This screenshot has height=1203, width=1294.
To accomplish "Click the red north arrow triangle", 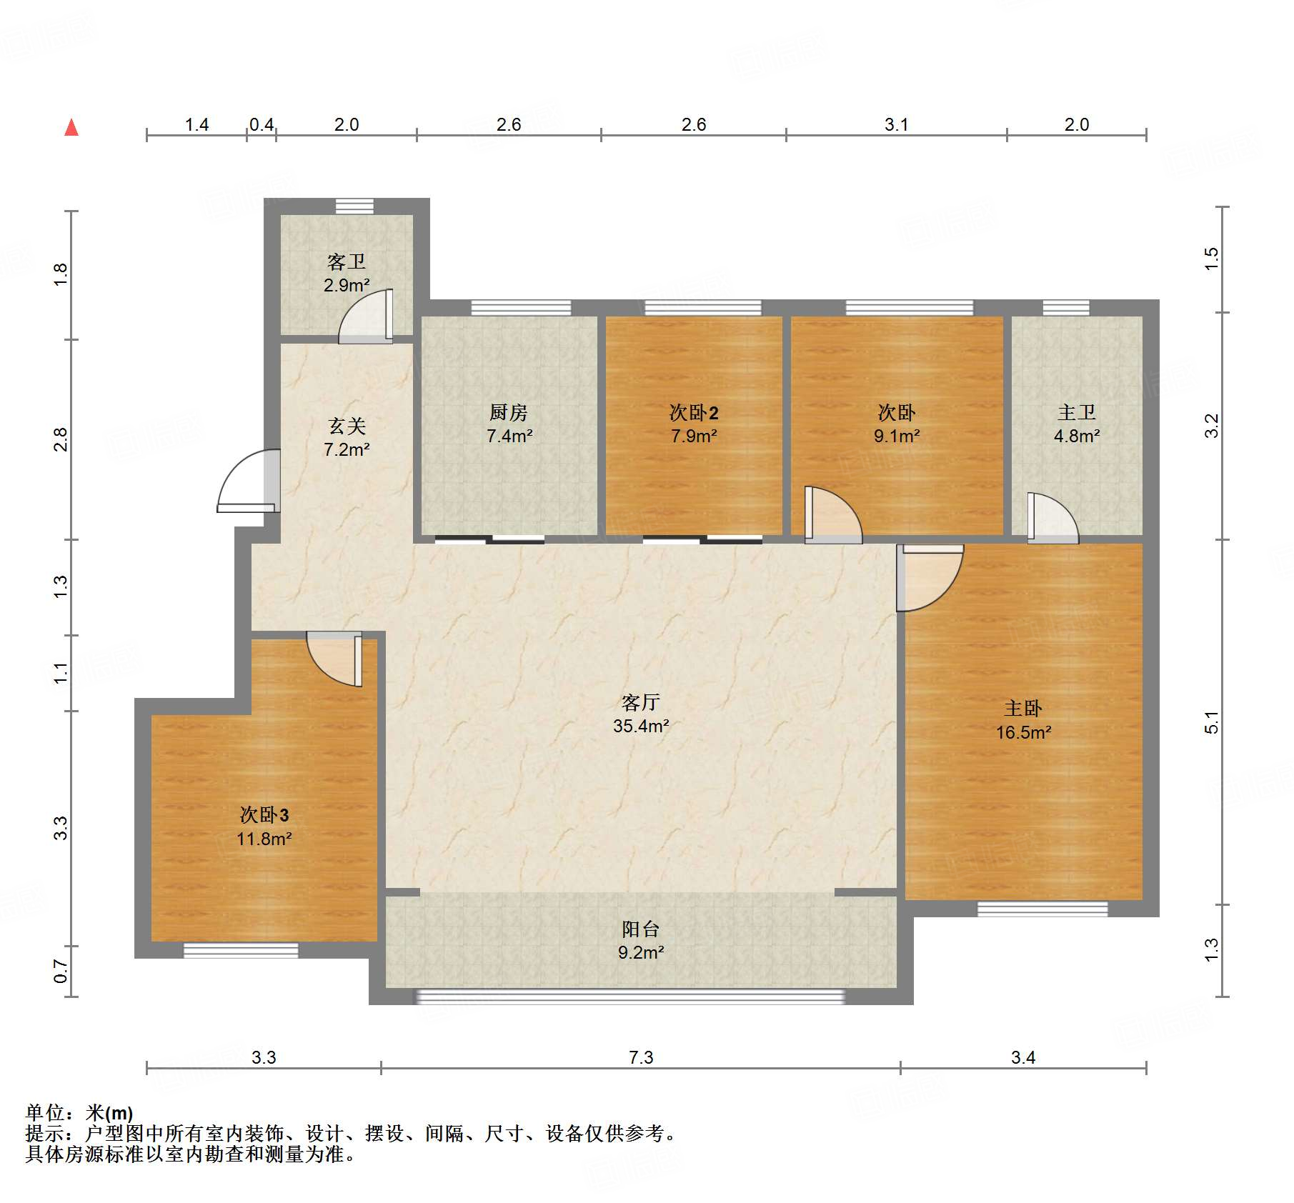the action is point(71,127).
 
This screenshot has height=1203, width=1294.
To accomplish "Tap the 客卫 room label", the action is point(347,261).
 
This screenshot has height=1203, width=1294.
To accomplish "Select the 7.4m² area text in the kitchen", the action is point(509,436).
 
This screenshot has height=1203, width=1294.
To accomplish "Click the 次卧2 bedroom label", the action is point(694,412).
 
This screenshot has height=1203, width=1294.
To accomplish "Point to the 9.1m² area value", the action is point(897,436).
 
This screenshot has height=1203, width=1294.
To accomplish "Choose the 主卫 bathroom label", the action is point(1077,412).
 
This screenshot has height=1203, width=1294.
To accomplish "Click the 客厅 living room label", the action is point(641,702).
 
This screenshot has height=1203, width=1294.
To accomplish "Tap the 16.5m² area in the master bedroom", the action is point(1024,732).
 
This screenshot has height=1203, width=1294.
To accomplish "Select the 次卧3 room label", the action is point(264,814).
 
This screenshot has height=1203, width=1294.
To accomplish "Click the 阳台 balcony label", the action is point(641,929).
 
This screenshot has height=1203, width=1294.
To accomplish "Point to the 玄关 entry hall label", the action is point(347,426).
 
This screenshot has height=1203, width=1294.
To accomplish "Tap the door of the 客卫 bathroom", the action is point(366,316).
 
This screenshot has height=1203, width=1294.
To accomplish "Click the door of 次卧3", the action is point(334,659).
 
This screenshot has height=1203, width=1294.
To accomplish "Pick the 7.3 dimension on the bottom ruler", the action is point(641,1057).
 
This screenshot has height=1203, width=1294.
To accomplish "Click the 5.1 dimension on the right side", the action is point(1211,722).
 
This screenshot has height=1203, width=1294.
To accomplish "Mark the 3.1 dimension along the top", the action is point(897,124).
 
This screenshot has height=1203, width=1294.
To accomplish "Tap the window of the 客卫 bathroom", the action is point(354,206).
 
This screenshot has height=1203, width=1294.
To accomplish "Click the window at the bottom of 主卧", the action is point(1042,909).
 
